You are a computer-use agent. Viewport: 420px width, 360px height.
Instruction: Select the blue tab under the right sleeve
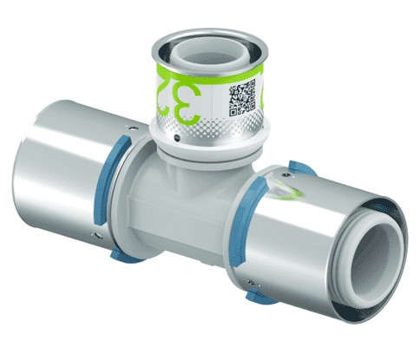click(x=258, y=296)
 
